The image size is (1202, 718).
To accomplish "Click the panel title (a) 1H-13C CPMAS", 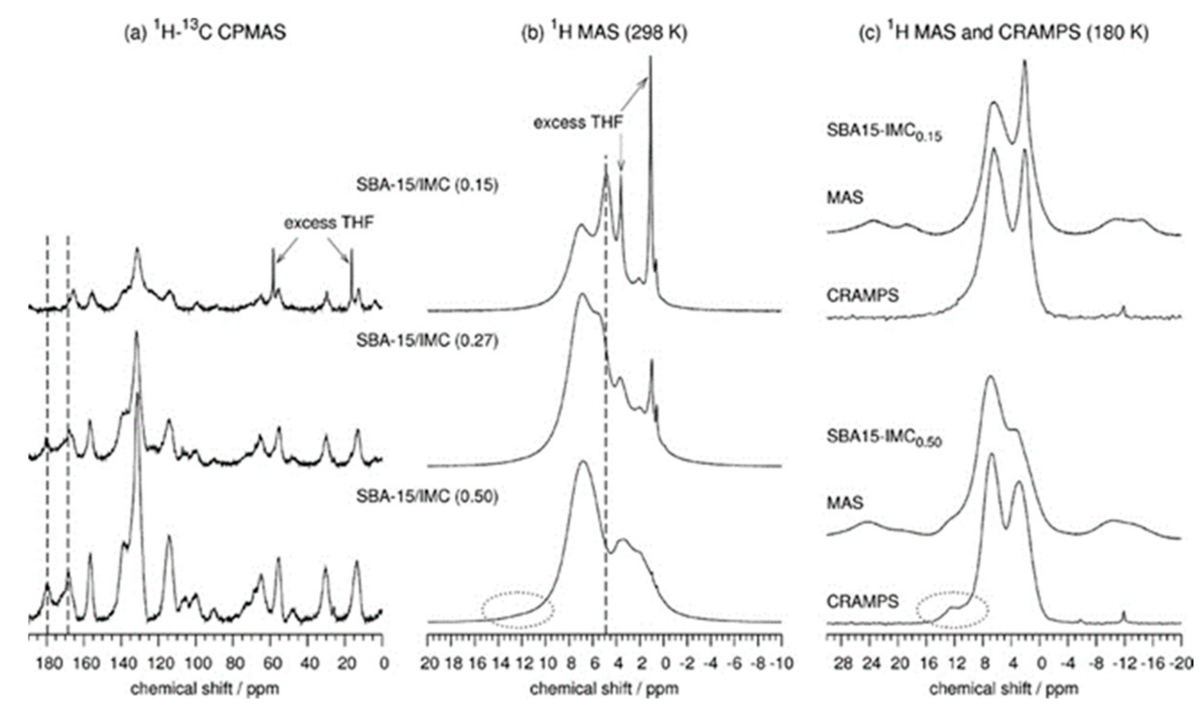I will coord(205,33).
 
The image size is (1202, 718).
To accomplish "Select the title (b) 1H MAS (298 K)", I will coord(604,33).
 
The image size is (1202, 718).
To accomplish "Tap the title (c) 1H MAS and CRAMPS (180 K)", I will coord(1003,33).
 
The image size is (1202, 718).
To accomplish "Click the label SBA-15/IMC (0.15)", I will coord(427,185).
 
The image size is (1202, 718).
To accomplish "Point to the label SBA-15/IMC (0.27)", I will coord(427,341).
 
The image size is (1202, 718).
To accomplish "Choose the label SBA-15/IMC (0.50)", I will coord(427,497).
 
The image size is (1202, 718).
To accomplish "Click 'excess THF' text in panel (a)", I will coord(329,223).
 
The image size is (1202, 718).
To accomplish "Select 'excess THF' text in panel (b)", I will coord(578,123).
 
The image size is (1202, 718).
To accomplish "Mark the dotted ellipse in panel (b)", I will coord(518,610).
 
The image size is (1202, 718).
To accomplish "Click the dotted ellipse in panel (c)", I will coord(952,610).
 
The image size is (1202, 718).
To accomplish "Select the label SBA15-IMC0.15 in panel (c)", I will coord(884,132).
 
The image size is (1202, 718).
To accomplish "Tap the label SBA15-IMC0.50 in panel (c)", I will coord(884,437).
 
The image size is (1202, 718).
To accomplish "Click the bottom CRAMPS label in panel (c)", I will coord(862,602).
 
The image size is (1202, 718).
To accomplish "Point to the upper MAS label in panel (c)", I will coord(845,197).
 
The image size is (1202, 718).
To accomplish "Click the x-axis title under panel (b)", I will coord(604,688).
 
